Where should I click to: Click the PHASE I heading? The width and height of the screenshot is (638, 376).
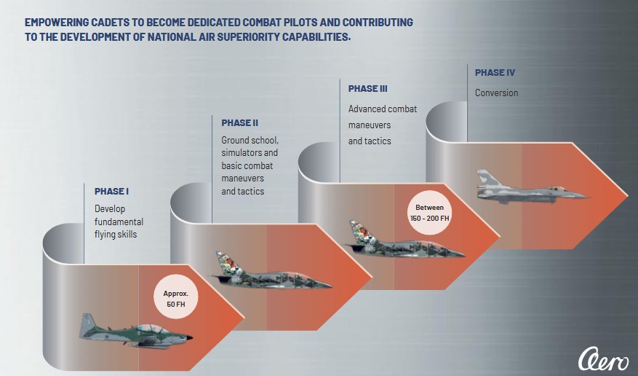111,192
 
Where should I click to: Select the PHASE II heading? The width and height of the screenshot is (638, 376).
239,122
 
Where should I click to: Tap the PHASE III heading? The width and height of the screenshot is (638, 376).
367,89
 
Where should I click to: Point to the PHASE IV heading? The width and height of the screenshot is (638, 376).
495,73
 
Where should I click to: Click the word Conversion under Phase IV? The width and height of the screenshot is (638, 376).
496,93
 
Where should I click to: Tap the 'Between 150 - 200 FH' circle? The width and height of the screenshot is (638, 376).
429,212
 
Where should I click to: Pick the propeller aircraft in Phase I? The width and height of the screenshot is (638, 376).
135,332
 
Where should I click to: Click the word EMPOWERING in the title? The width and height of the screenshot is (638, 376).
57,23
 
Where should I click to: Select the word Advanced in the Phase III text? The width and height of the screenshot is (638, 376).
367,109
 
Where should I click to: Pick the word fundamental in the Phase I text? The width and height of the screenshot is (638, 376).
119,222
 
